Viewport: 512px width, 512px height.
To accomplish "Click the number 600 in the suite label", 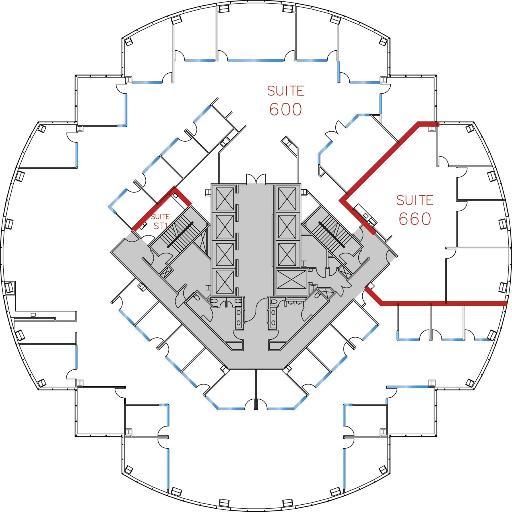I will (285, 110).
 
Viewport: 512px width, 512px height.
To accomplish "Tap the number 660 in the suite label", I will (415, 219).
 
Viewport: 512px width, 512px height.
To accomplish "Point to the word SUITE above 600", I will (286, 91).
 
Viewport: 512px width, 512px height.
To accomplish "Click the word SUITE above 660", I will (415, 200).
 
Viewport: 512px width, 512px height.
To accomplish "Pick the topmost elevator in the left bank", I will (225, 199).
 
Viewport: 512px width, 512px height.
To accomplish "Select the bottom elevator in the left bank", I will (225, 282).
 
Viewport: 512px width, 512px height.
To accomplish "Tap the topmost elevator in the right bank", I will (287, 199).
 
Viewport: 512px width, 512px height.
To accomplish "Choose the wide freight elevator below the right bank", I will (291, 280).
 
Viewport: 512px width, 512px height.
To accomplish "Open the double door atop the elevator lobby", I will (256, 179).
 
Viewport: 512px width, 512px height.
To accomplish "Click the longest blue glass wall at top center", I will (256, 60).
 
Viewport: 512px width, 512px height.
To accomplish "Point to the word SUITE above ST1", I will (160, 217).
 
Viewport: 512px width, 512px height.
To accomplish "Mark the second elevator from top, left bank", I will (225, 227).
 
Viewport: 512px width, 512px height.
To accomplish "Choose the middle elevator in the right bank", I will (287, 227).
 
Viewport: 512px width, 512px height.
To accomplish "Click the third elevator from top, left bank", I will (225, 254).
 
